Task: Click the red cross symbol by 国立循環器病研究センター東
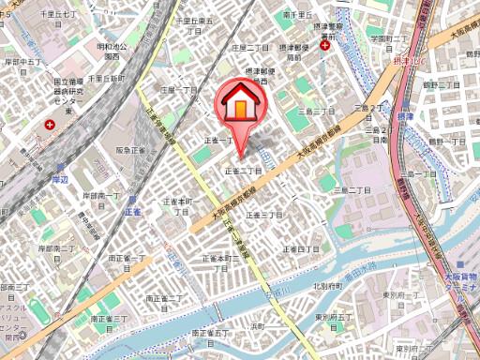[x=50, y=124]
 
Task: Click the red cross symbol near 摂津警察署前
[x=324, y=45]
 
